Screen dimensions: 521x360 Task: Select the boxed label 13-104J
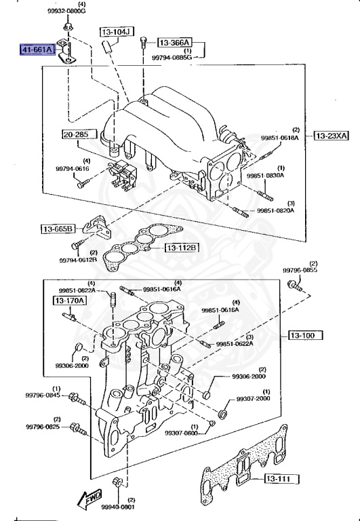[117, 32]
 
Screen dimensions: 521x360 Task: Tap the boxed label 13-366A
[174, 42]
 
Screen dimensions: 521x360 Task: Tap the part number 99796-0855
[300, 270]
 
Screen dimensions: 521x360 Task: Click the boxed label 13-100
[305, 335]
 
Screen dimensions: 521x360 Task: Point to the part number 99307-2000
[254, 399]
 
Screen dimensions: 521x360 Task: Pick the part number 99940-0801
[119, 506]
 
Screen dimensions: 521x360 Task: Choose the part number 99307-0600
[181, 432]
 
